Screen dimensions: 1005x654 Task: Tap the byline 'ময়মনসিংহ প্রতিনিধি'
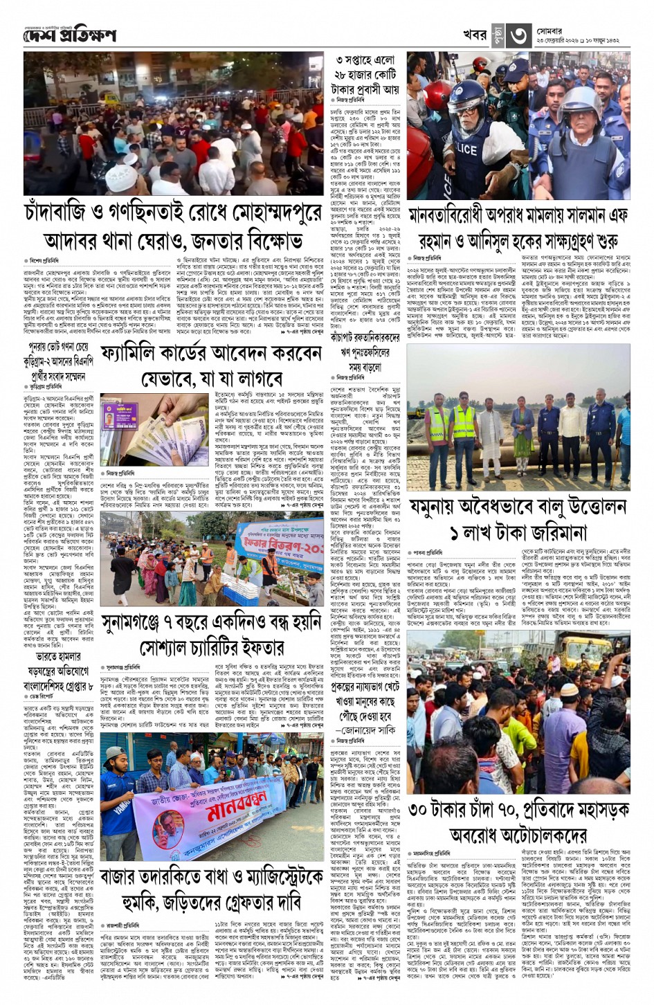coord(433,855)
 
